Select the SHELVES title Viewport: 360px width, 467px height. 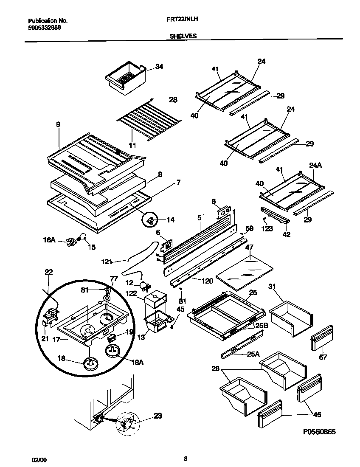(183, 37)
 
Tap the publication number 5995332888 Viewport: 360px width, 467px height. (44, 27)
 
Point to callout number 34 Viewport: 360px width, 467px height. (159, 67)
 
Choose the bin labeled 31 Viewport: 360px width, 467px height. (291, 316)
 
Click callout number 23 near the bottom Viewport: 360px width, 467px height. (157, 416)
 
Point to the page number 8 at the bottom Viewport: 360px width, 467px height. (186, 459)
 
